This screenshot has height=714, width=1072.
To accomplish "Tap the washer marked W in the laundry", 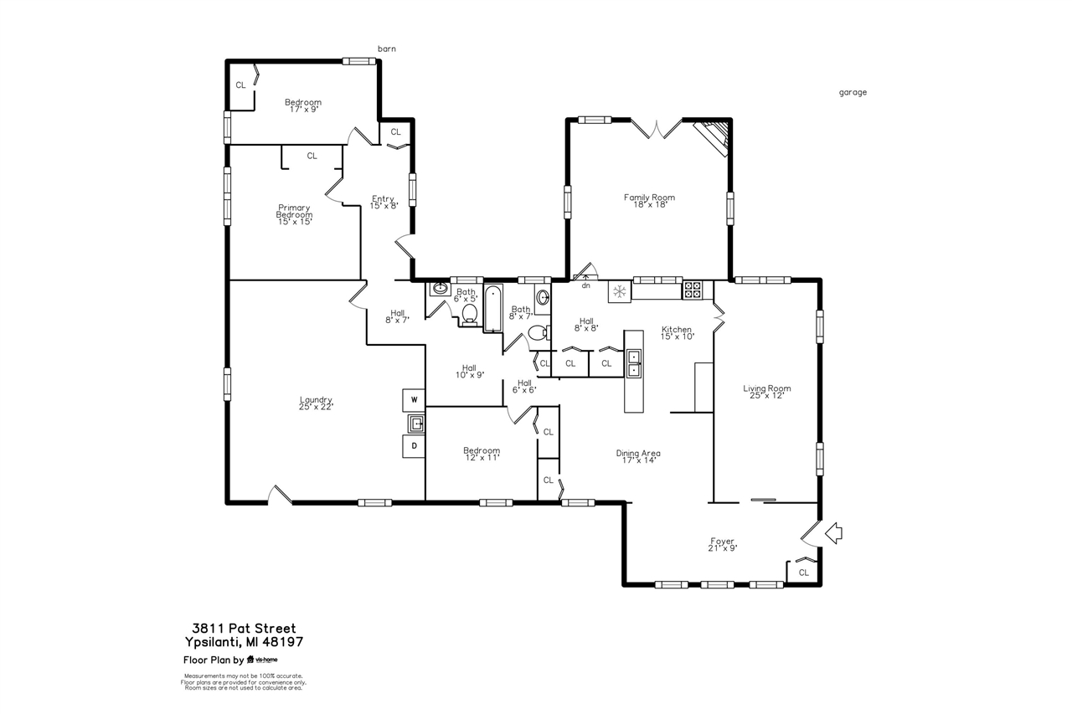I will click(414, 399).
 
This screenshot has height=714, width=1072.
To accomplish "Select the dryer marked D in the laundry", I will click(414, 447).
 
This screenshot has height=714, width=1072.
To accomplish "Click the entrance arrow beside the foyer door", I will click(833, 533).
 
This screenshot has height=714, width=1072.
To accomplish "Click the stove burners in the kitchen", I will click(693, 290).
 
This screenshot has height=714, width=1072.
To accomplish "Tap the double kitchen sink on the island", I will click(634, 363).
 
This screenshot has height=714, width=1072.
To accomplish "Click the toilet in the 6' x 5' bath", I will click(469, 314).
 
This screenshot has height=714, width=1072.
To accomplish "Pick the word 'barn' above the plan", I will click(386, 49).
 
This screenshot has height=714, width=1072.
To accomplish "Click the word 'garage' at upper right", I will click(853, 93).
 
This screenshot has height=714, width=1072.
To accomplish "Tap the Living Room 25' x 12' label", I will click(767, 391).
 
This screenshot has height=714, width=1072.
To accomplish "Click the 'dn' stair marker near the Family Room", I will click(585, 285).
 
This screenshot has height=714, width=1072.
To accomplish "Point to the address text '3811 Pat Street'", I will click(244, 628).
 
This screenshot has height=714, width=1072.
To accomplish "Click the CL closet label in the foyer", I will click(803, 573).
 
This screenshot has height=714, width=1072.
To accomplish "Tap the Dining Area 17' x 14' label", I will click(638, 456).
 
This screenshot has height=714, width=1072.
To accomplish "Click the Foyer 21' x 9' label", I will click(723, 544).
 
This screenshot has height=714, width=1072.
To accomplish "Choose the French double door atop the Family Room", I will click(657, 128).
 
